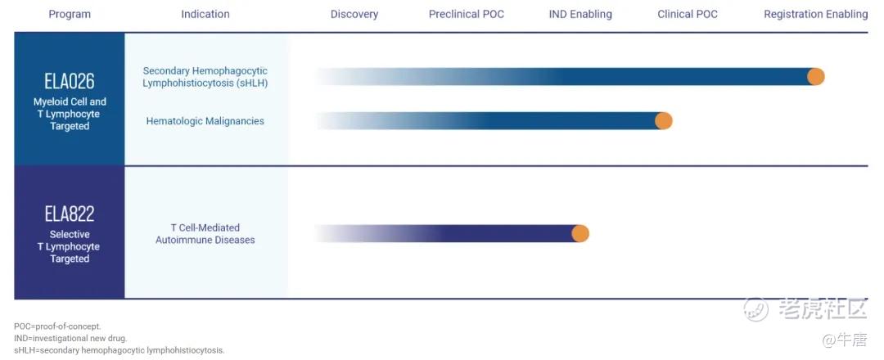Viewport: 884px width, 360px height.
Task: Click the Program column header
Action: click(70, 14)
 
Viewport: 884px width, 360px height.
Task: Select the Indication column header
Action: click(205, 14)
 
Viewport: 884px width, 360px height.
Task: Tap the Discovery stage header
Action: click(354, 14)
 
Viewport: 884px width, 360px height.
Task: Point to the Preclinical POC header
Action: click(467, 14)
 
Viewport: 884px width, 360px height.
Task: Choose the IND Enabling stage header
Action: click(580, 14)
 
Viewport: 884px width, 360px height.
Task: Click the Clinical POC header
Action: click(688, 14)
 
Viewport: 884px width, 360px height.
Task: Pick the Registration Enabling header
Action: click(816, 14)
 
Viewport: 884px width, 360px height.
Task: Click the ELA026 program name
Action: click(70, 82)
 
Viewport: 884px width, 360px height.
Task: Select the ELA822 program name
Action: click(70, 214)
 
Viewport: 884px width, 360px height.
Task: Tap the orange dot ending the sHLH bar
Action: click(816, 77)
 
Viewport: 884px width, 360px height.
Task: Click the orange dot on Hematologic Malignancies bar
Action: click(664, 120)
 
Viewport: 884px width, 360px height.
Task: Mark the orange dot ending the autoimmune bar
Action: click(580, 233)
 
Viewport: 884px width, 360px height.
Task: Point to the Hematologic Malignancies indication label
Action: click(205, 121)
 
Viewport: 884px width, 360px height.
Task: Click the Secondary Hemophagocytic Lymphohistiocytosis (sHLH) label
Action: click(205, 77)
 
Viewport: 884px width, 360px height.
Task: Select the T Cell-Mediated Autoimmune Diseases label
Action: click(205, 234)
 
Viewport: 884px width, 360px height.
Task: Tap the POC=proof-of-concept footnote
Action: click(57, 326)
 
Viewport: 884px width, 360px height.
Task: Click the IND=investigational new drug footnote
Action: click(70, 338)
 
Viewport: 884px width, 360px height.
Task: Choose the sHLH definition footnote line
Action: click(120, 350)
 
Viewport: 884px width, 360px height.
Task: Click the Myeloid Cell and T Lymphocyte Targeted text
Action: click(70, 114)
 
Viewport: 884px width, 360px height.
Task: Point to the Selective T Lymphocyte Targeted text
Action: click(70, 247)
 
